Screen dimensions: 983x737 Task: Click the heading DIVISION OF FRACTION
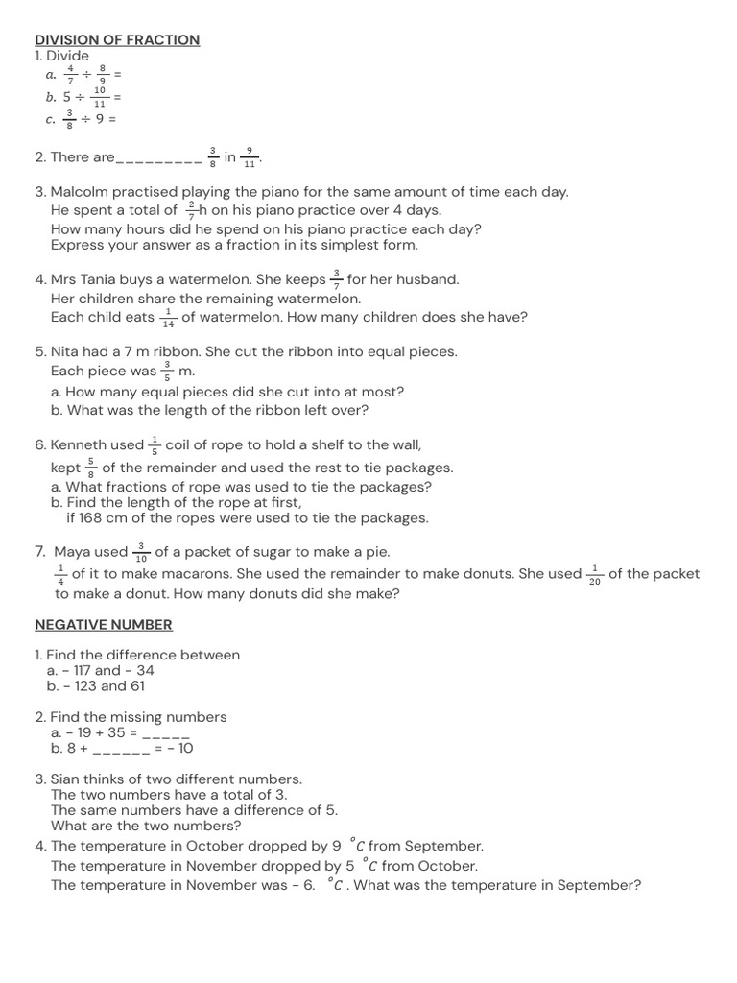[x=117, y=40]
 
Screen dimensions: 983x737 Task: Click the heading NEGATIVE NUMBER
[x=104, y=625]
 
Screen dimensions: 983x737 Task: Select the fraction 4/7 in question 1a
[x=71, y=74]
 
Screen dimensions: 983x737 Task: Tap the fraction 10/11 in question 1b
[x=100, y=97]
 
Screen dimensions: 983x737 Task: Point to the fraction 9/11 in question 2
[x=250, y=157]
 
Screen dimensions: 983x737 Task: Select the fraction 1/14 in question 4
[x=168, y=318]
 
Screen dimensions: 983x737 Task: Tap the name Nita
[x=66, y=352]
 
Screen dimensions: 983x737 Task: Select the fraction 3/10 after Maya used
[x=141, y=553]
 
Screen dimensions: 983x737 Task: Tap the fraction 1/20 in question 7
[x=595, y=575]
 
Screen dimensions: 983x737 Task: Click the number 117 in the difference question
[x=76, y=671]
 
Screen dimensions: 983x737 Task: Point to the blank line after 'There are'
[x=158, y=158]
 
